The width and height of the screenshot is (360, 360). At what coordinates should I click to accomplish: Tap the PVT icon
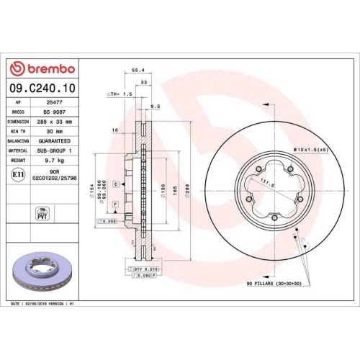41,214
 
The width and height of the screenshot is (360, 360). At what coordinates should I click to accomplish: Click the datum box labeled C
115,185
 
